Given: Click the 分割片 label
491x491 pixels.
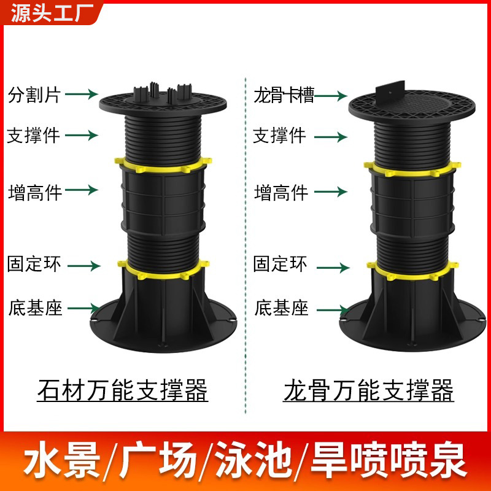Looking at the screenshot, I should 33,95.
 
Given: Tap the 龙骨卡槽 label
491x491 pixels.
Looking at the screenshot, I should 284,96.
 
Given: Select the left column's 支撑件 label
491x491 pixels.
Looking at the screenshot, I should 33,134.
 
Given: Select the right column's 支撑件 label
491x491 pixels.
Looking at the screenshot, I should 279,135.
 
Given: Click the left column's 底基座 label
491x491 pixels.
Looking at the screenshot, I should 35,307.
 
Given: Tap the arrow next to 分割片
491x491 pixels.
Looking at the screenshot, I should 81,94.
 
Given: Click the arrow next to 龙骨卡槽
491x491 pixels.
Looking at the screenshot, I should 331,96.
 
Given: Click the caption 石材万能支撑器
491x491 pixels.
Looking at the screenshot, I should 123,389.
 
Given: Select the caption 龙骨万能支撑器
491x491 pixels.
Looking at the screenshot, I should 368,389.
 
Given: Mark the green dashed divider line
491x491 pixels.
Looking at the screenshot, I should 245,245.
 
